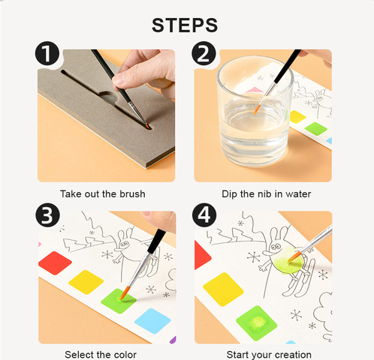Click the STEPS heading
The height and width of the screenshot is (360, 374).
pyautogui.click(x=185, y=25)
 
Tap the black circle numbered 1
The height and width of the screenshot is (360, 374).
pyautogui.click(x=47, y=53)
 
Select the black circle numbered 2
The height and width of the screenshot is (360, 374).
pyautogui.click(x=204, y=53)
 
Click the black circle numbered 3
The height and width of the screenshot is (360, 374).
pyautogui.click(x=47, y=215)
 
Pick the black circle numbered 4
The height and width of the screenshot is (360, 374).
pyautogui.click(x=204, y=215)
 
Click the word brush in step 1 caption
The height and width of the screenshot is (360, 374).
pyautogui.click(x=132, y=194)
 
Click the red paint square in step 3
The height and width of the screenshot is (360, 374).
pyautogui.click(x=55, y=263)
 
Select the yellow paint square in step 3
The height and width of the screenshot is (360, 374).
pyautogui.click(x=86, y=282)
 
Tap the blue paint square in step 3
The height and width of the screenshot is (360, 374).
pyautogui.click(x=152, y=321)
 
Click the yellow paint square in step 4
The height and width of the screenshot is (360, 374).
pyautogui.click(x=223, y=289)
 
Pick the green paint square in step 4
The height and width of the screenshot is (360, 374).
pyautogui.click(x=257, y=323)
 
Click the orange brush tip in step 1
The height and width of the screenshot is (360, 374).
pyautogui.click(x=148, y=127)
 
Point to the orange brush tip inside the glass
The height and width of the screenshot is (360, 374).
pyautogui.click(x=256, y=110)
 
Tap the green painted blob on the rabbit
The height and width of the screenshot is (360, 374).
pyautogui.click(x=288, y=261)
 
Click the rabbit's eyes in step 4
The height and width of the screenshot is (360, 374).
pyautogui.click(x=276, y=247)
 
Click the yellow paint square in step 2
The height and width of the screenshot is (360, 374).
pyautogui.click(x=297, y=117)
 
